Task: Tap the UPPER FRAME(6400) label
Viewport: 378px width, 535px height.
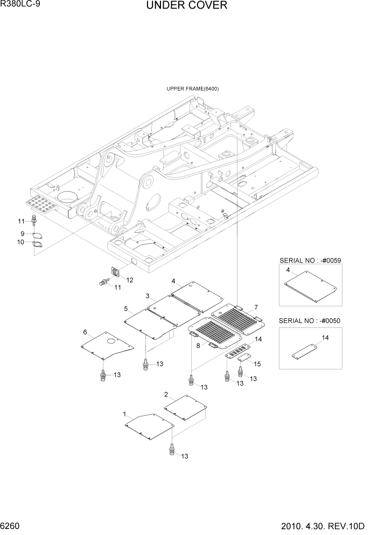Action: coord(192,88)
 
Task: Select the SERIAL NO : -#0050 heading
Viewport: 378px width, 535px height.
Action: coord(310,321)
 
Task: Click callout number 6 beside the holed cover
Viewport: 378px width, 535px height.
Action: coord(85,332)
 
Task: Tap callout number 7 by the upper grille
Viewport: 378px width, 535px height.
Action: coord(256,307)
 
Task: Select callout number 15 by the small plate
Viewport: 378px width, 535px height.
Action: coord(257,364)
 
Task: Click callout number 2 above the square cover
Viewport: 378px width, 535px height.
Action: coord(166,394)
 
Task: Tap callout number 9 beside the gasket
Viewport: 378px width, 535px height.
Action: coord(23,234)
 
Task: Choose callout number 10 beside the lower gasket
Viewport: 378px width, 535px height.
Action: coord(22,242)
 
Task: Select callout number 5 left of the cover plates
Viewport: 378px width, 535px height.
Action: coord(125,308)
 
